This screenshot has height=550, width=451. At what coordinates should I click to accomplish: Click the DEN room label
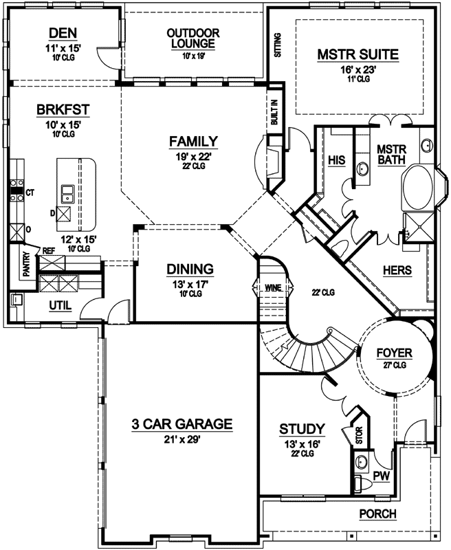[62, 34]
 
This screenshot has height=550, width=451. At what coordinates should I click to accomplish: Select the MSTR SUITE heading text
[357, 54]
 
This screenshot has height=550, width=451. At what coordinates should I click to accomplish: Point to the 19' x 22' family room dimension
[193, 156]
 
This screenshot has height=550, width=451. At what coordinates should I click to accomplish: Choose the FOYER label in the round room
[394, 353]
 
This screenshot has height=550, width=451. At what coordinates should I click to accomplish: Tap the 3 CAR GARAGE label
[182, 423]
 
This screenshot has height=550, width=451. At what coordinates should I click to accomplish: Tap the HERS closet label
[397, 271]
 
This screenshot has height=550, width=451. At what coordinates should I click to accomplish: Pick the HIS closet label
[336, 160]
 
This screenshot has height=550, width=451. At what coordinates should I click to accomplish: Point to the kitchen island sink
[68, 194]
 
